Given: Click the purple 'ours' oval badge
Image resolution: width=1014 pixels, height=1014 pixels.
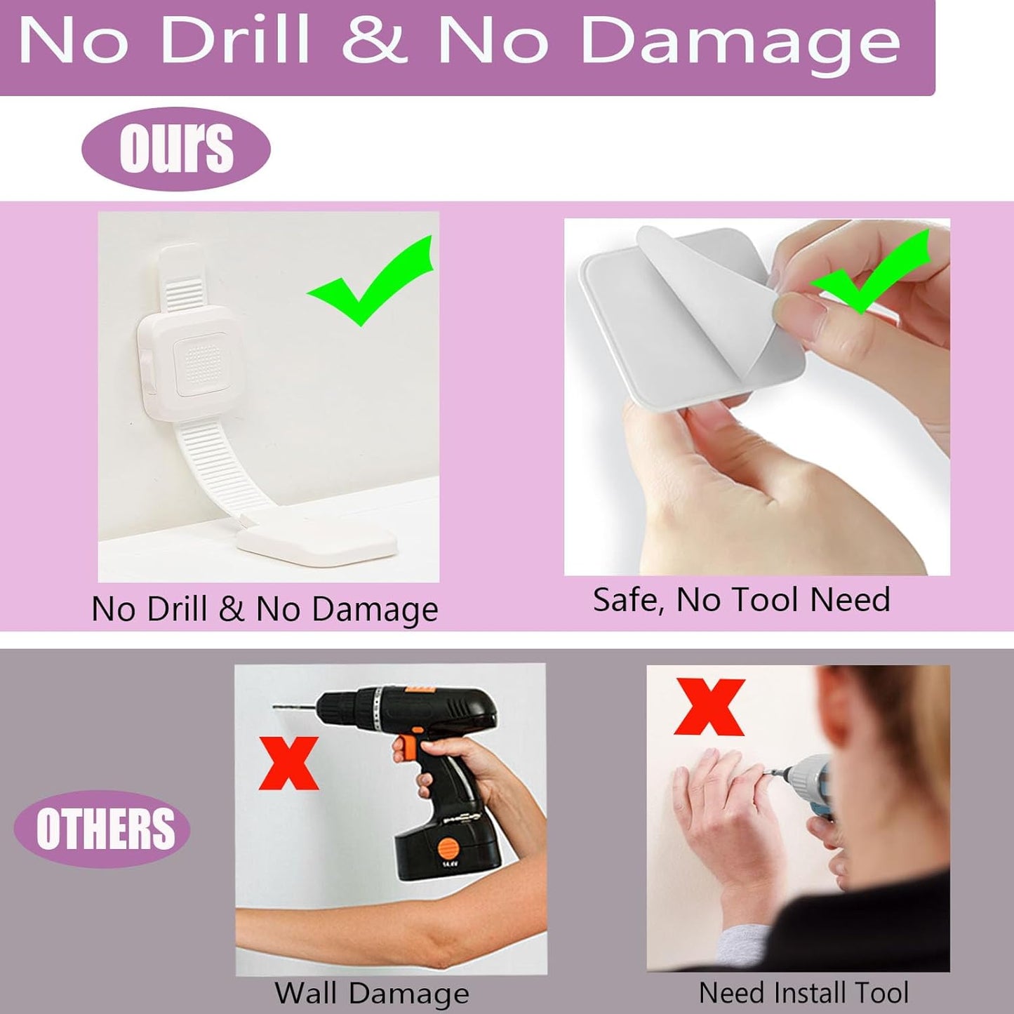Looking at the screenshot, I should click(x=175, y=148).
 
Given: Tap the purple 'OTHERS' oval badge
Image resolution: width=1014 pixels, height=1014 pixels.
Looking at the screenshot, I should click(x=102, y=829).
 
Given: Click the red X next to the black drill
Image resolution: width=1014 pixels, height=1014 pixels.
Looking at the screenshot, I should click(x=289, y=763).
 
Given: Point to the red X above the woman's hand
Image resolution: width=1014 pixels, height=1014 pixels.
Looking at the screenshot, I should click(x=709, y=707).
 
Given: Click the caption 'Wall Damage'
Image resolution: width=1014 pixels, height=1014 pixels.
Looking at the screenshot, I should click(x=371, y=994).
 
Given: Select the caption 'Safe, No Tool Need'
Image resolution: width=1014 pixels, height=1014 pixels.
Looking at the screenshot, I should click(x=741, y=600).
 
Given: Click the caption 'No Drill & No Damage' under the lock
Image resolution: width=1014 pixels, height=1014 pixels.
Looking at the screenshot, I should click(x=265, y=609).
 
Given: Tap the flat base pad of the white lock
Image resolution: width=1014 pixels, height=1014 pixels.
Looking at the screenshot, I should click(x=317, y=543).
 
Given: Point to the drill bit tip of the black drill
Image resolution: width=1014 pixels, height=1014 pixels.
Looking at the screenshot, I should click(x=275, y=707).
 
